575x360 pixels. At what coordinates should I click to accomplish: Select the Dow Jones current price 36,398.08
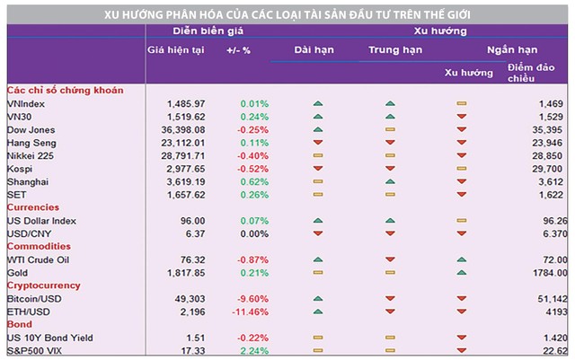(x=185, y=130)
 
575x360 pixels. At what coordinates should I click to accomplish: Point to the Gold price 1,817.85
(x=187, y=272)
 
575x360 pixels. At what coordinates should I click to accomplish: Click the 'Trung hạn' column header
(x=389, y=48)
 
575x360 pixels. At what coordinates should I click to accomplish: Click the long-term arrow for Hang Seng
(x=318, y=143)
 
